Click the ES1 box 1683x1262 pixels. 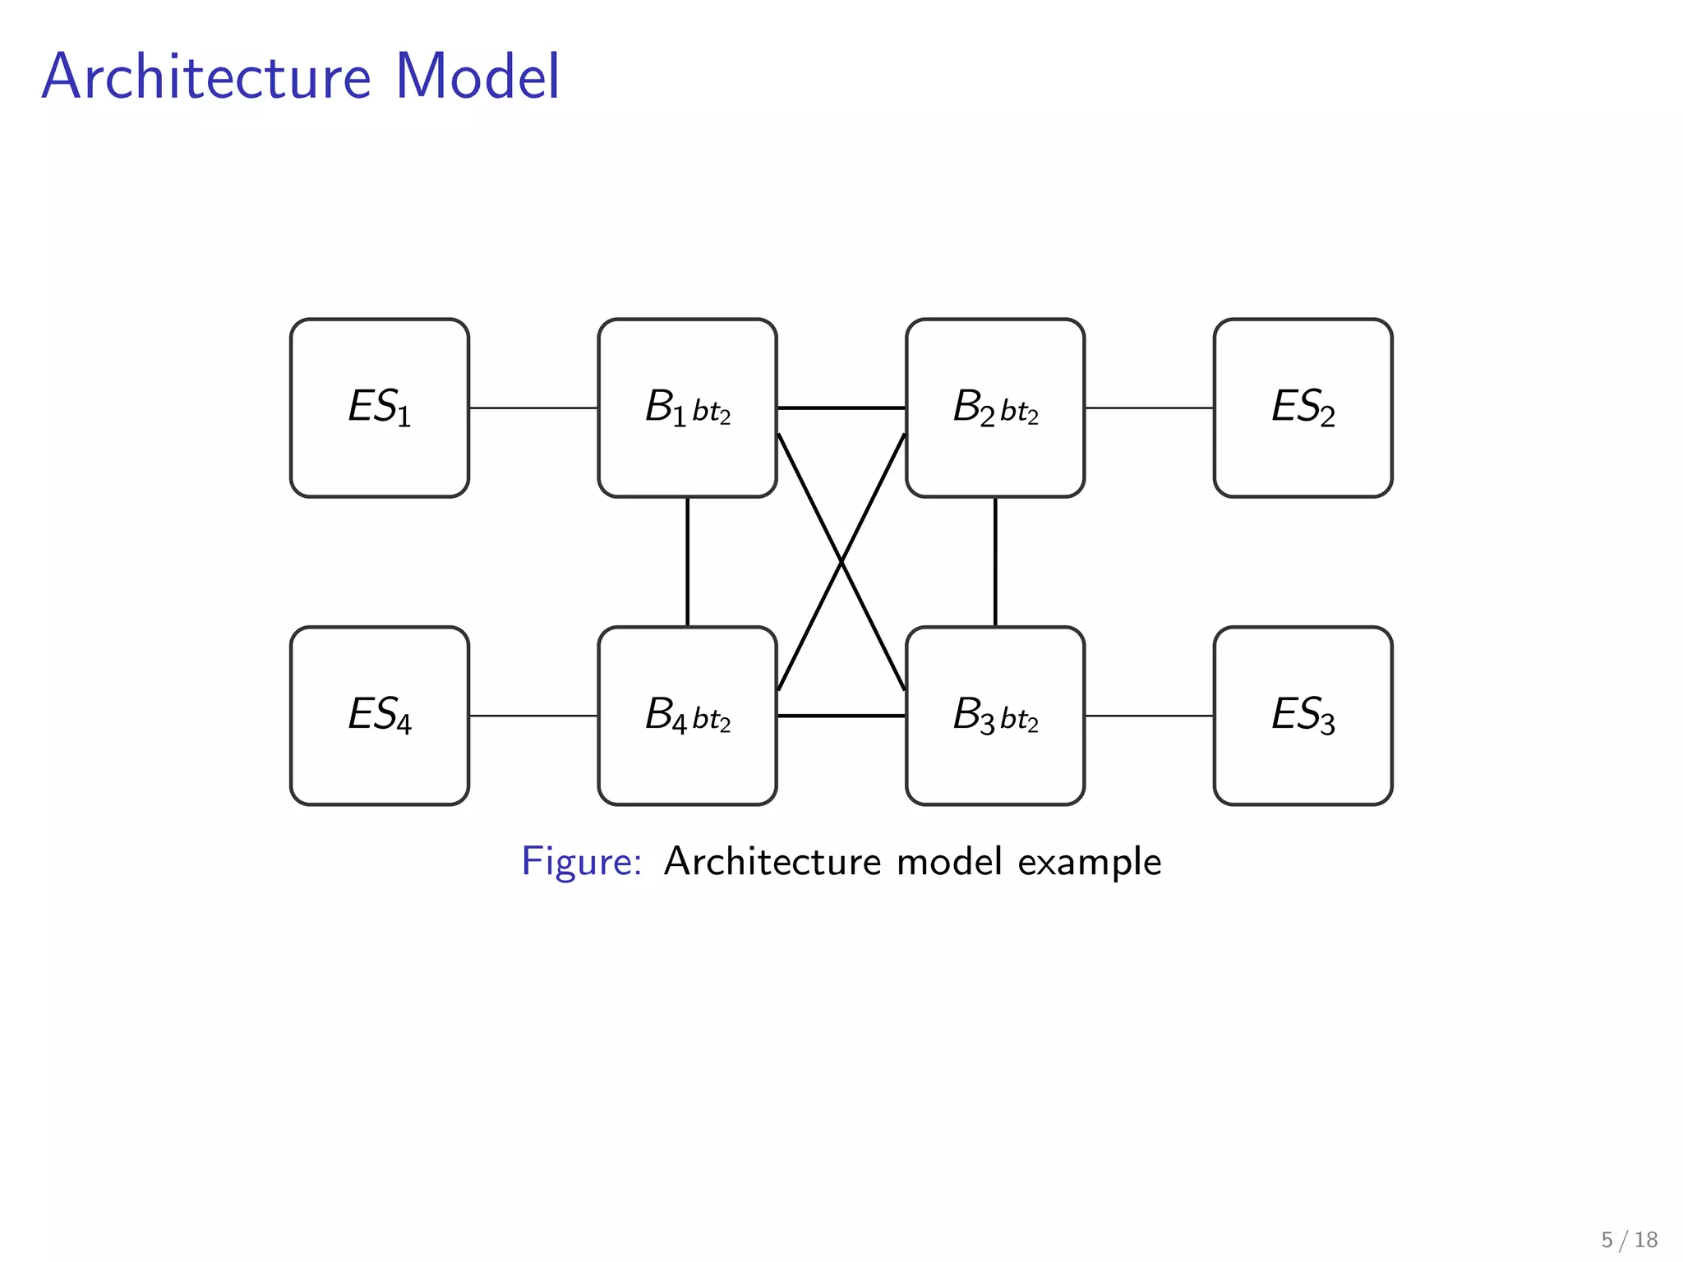[x=380, y=408]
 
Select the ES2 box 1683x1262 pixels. [x=1303, y=408]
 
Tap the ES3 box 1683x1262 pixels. [x=1303, y=715]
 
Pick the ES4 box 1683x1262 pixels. [x=380, y=715]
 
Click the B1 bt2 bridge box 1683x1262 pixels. [x=687, y=408]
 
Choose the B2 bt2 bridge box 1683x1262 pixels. [x=994, y=408]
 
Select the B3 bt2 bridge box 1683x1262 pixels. [x=994, y=715]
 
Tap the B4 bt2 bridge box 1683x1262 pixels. [x=687, y=715]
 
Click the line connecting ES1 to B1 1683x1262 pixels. [x=533, y=408]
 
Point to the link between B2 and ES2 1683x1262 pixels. [x=1149, y=408]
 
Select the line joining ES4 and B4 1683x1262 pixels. [x=533, y=716]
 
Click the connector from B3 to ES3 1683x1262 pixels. [x=1149, y=716]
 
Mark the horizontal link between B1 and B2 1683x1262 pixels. [x=841, y=408]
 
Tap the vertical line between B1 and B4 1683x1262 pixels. [x=687, y=561]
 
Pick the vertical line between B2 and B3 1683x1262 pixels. [x=995, y=561]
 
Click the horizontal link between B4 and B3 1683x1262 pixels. [x=841, y=716]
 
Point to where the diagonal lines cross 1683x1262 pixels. [x=841, y=562]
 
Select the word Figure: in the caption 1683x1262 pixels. [x=581, y=862]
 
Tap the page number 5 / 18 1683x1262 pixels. [x=1629, y=1239]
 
